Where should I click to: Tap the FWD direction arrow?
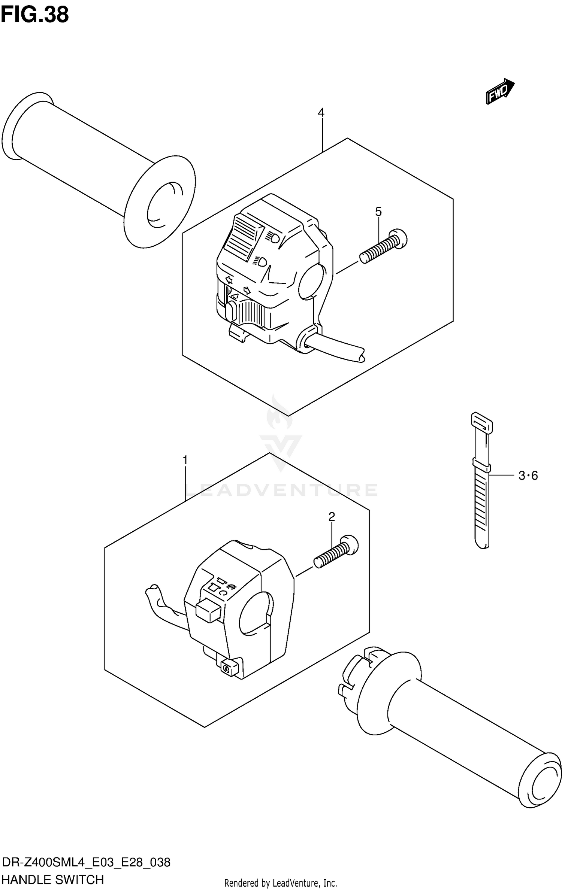point(500,91)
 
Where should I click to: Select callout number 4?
point(321,112)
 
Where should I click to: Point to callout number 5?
point(378,212)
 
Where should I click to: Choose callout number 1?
point(185,460)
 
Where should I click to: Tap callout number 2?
point(331,517)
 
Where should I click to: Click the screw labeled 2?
point(336,552)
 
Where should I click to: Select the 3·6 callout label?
point(528,476)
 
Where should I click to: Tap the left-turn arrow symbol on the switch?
point(229,280)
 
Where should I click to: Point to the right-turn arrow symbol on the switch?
point(247,290)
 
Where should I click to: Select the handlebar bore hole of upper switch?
point(311,282)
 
